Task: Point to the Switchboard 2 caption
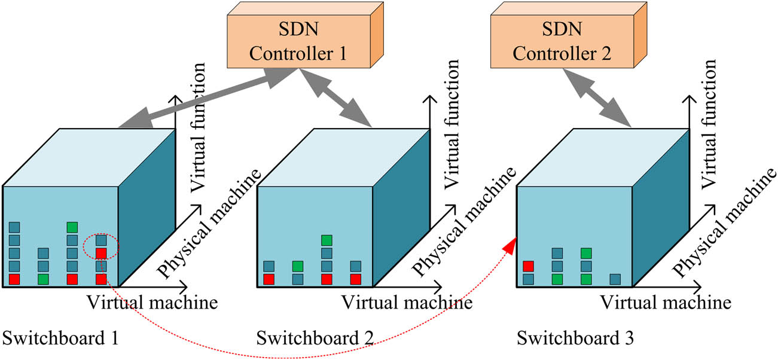(x=315, y=338)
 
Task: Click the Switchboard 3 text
(x=575, y=338)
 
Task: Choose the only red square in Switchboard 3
(x=528, y=266)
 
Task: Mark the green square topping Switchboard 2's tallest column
(x=327, y=240)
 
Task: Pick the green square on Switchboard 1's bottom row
(x=43, y=279)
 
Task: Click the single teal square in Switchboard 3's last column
(x=614, y=279)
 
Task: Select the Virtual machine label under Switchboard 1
(x=152, y=302)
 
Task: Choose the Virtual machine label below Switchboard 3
(x=665, y=302)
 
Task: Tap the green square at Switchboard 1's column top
(x=72, y=227)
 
